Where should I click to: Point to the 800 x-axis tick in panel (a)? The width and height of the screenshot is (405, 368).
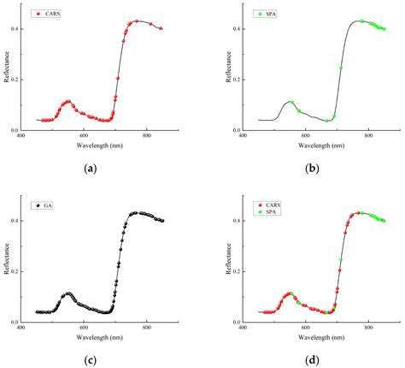147,137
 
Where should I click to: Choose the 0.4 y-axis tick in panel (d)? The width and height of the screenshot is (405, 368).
237,221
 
